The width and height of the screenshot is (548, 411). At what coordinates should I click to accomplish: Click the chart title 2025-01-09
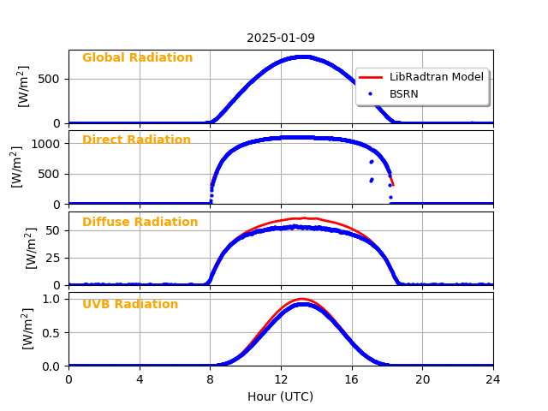coord(281,38)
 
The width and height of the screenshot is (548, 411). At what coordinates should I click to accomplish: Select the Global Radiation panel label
coord(137,58)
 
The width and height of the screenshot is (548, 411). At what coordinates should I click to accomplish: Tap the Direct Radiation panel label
coord(136,140)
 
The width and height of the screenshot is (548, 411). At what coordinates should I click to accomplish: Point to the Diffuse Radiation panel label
coord(140,223)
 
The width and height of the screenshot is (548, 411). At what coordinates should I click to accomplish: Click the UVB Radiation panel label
coord(130,305)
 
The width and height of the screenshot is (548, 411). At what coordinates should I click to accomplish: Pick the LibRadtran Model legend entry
coord(436,77)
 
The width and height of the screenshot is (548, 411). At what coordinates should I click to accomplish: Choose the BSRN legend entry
coord(403,93)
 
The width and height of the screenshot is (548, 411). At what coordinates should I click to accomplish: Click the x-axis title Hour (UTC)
coord(281,396)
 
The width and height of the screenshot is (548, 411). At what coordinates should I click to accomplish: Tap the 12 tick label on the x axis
coord(281,378)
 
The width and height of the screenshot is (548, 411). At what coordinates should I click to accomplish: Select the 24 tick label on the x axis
coord(493,378)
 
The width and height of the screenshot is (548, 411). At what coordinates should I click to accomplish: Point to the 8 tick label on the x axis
coord(210,378)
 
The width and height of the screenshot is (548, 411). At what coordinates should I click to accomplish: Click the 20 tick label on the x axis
coord(422,378)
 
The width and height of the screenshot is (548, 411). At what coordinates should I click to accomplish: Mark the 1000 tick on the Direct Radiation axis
coord(49,144)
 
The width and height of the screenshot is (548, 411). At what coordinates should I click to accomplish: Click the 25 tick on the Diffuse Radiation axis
coord(55,258)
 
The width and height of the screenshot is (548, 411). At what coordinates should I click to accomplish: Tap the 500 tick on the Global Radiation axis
coord(52,80)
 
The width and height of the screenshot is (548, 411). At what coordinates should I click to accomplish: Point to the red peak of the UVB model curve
coord(301,299)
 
